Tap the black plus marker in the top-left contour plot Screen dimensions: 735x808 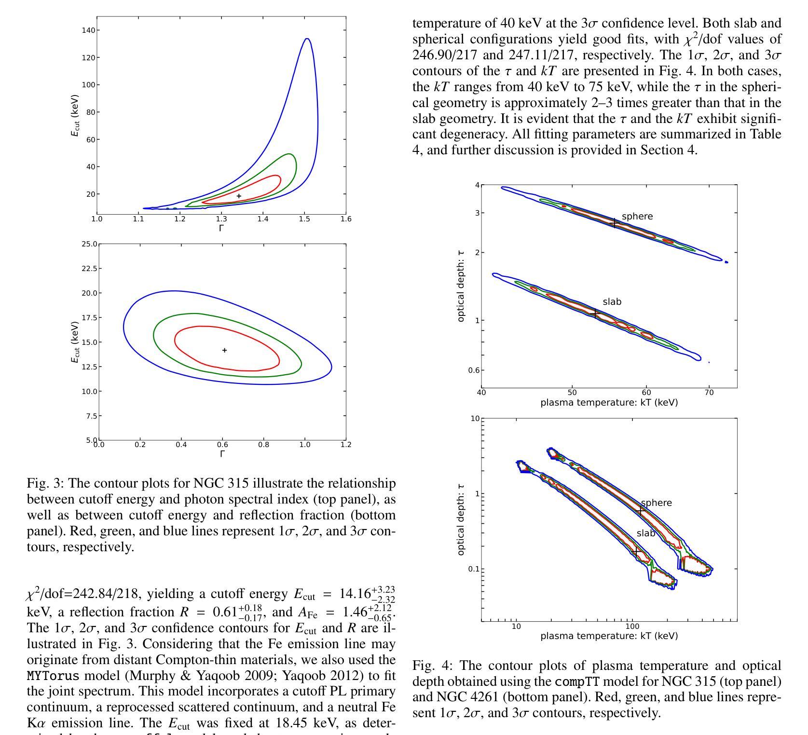point(239,196)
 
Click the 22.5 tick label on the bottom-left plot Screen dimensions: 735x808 point(90,268)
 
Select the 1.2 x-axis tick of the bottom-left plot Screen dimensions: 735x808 point(346,445)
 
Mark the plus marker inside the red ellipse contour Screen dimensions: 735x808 point(224,350)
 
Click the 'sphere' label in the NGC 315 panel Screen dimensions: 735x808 point(637,217)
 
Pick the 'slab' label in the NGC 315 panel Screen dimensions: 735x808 point(612,302)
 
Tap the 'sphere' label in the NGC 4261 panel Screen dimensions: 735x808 point(656,503)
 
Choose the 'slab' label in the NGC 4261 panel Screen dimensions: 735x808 point(646,533)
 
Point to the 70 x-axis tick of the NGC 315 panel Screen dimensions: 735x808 point(709,393)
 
